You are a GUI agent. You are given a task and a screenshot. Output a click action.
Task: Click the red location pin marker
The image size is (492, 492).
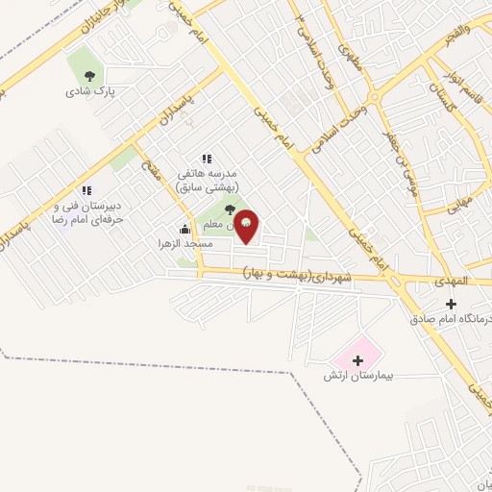pos(247,227)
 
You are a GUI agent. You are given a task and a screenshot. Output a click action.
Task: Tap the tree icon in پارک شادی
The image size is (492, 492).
pos(90,76)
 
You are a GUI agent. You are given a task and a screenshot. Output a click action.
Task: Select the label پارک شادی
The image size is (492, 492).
pos(90,92)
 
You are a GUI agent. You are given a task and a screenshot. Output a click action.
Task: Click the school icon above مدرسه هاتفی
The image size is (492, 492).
pos(206,159)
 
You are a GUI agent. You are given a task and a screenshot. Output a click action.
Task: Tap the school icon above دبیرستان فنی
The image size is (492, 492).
pos(86,190)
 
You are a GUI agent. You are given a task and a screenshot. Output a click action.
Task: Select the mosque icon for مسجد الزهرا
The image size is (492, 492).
pos(184,229)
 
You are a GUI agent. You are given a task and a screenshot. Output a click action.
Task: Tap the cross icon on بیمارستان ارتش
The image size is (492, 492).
pos(358,361)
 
